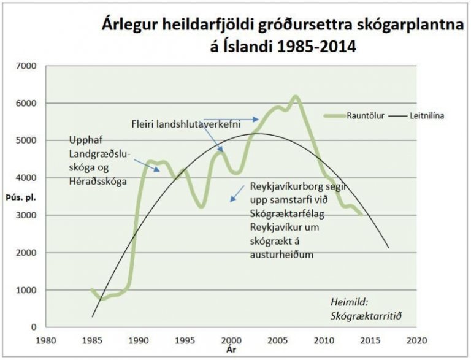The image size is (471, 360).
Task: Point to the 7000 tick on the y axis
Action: tap(26, 66)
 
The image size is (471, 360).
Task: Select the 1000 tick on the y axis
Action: tap(26, 290)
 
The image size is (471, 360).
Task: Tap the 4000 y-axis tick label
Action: tap(26, 178)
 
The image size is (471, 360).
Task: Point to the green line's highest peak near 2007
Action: tap(295, 97)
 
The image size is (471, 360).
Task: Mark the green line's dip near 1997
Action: tap(201, 207)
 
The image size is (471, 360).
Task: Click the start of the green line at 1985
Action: tap(92, 289)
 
